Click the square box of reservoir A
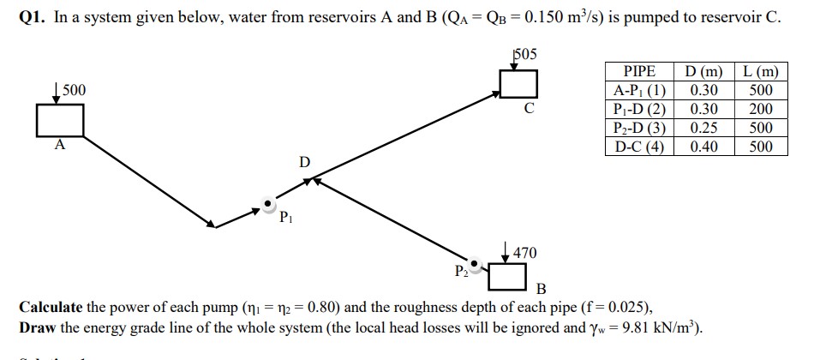tap(60, 120)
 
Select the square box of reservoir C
tap(519, 84)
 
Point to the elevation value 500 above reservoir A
tap(74, 90)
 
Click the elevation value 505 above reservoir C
tap(523, 54)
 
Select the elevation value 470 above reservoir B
tap(524, 252)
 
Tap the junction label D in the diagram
tap(304, 161)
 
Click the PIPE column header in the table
tap(639, 71)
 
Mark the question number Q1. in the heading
tap(33, 17)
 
